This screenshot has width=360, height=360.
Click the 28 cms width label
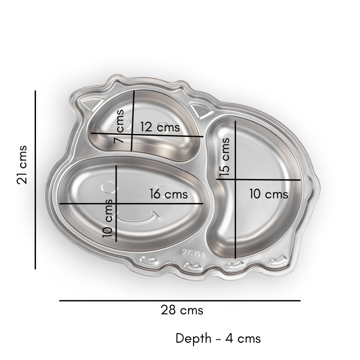click(x=182, y=310)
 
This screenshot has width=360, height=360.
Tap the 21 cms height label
click(x=22, y=165)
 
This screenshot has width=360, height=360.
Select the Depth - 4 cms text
click(x=218, y=338)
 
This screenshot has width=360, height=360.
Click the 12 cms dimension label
click(x=160, y=127)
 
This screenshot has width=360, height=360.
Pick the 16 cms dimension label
click(x=169, y=194)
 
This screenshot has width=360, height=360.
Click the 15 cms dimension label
click(x=225, y=157)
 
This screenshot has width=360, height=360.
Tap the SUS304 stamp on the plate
click(x=193, y=253)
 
